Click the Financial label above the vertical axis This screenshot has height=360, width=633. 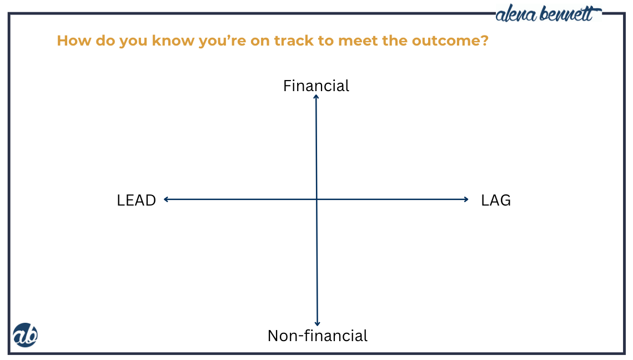(x=316, y=86)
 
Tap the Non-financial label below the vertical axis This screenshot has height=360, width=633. (x=317, y=336)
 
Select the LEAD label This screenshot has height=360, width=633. (x=136, y=201)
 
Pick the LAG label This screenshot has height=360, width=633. (x=496, y=201)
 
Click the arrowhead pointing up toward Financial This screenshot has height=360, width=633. (x=316, y=97)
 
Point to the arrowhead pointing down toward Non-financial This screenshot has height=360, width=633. (x=318, y=323)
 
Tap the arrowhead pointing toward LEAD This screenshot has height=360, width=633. (x=166, y=199)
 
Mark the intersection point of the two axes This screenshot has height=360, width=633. (x=316, y=199)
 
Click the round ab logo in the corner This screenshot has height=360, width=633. (x=25, y=335)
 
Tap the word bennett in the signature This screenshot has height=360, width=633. (x=572, y=14)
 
